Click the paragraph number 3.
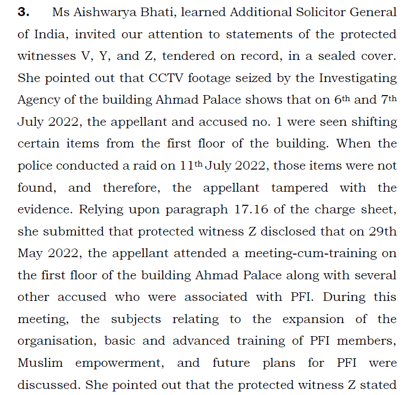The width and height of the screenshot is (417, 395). click(x=23, y=13)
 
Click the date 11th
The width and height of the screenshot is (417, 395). click(x=191, y=166)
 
